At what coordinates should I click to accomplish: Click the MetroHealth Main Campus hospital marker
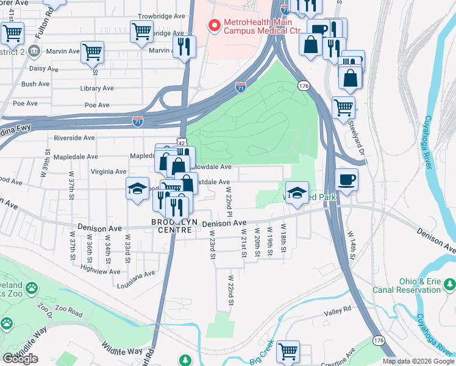coord(214,26)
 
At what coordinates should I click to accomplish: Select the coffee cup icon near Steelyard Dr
coord(346,180)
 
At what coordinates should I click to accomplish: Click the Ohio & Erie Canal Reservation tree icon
coord(450,284)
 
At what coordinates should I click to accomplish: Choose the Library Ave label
coord(97,88)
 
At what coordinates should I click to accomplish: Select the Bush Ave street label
coord(35,84)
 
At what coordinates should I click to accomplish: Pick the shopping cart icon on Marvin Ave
coord(92,52)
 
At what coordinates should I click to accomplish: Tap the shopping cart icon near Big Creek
coord(288,351)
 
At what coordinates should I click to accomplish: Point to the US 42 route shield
coord(182,142)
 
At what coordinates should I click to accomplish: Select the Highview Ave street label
coord(99,271)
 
